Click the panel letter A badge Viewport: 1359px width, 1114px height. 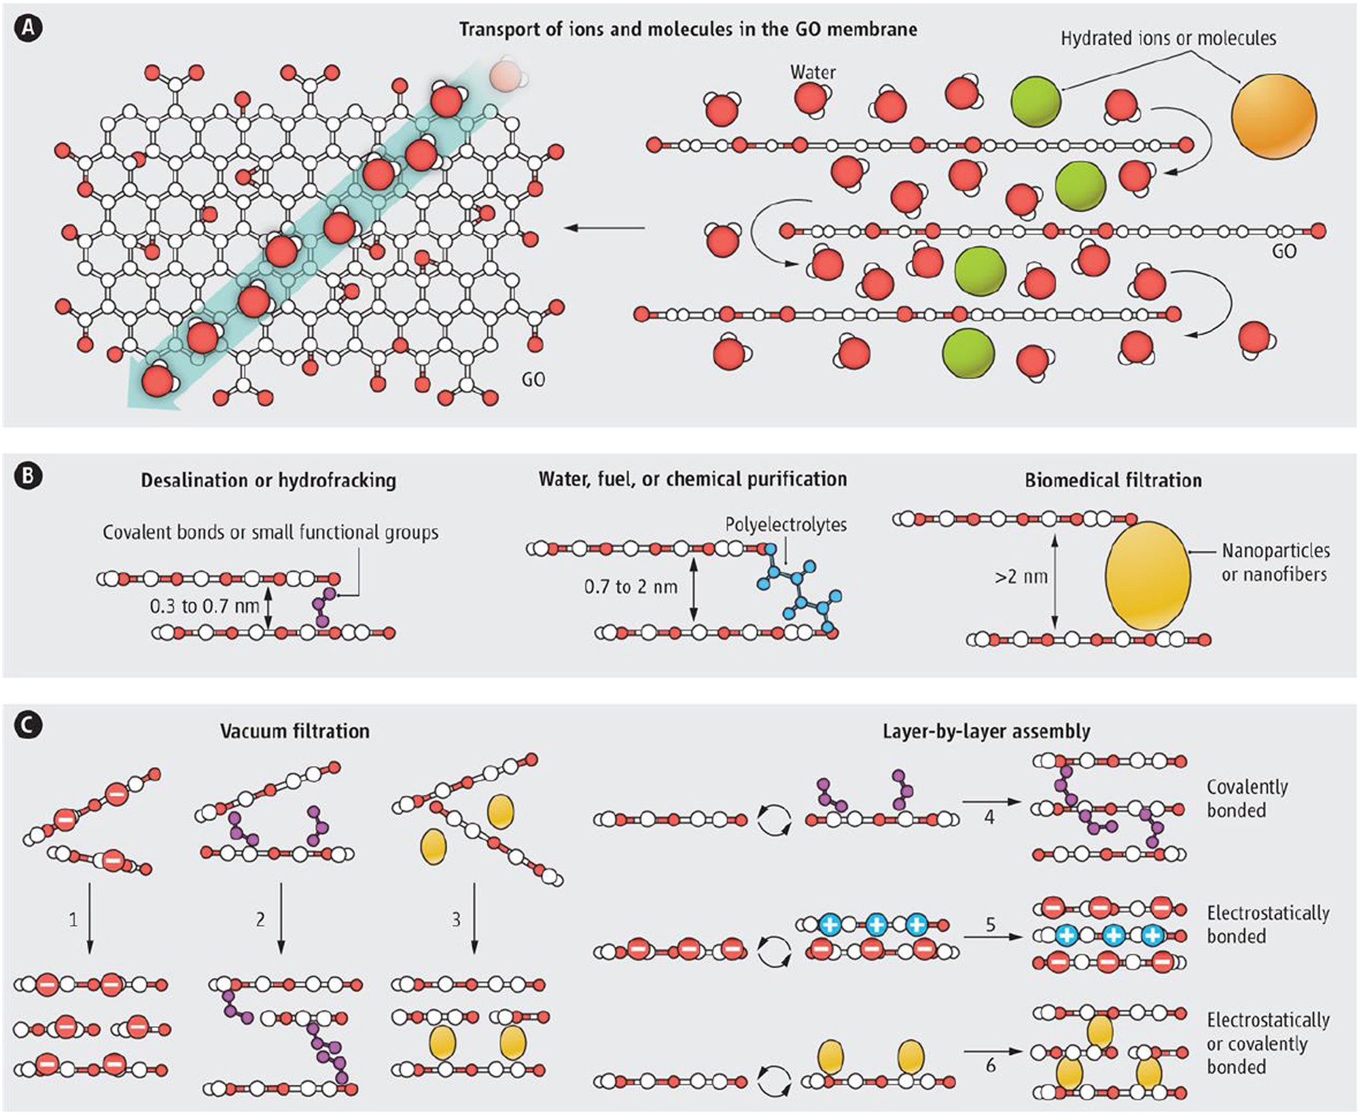click(x=29, y=28)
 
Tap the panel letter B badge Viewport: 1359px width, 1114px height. click(x=29, y=475)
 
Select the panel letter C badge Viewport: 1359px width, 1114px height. click(x=29, y=725)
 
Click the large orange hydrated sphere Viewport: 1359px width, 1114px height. click(x=1273, y=116)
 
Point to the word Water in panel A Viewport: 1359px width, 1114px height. click(x=813, y=72)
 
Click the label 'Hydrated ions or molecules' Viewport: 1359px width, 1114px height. click(x=1168, y=38)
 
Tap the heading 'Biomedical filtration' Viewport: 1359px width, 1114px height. click(x=1113, y=480)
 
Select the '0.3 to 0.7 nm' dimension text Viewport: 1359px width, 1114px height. click(x=205, y=605)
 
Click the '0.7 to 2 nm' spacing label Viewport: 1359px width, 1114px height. click(x=631, y=586)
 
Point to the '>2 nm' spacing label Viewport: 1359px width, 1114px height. click(x=1021, y=577)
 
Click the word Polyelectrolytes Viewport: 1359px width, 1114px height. click(x=786, y=524)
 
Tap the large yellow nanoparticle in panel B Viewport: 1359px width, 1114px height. click(x=1148, y=575)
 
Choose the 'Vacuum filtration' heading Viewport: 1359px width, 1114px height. click(x=295, y=731)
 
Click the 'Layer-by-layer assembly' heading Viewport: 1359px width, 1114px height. click(x=987, y=731)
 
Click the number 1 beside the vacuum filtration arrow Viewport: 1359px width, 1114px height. click(x=73, y=920)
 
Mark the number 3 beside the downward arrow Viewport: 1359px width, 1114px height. click(x=456, y=919)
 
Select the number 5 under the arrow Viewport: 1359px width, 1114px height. click(x=991, y=924)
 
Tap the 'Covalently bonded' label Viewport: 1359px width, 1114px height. click(x=1246, y=798)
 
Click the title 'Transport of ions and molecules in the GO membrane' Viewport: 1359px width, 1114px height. click(x=688, y=29)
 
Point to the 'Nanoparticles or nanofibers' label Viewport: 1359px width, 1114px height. click(x=1275, y=562)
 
